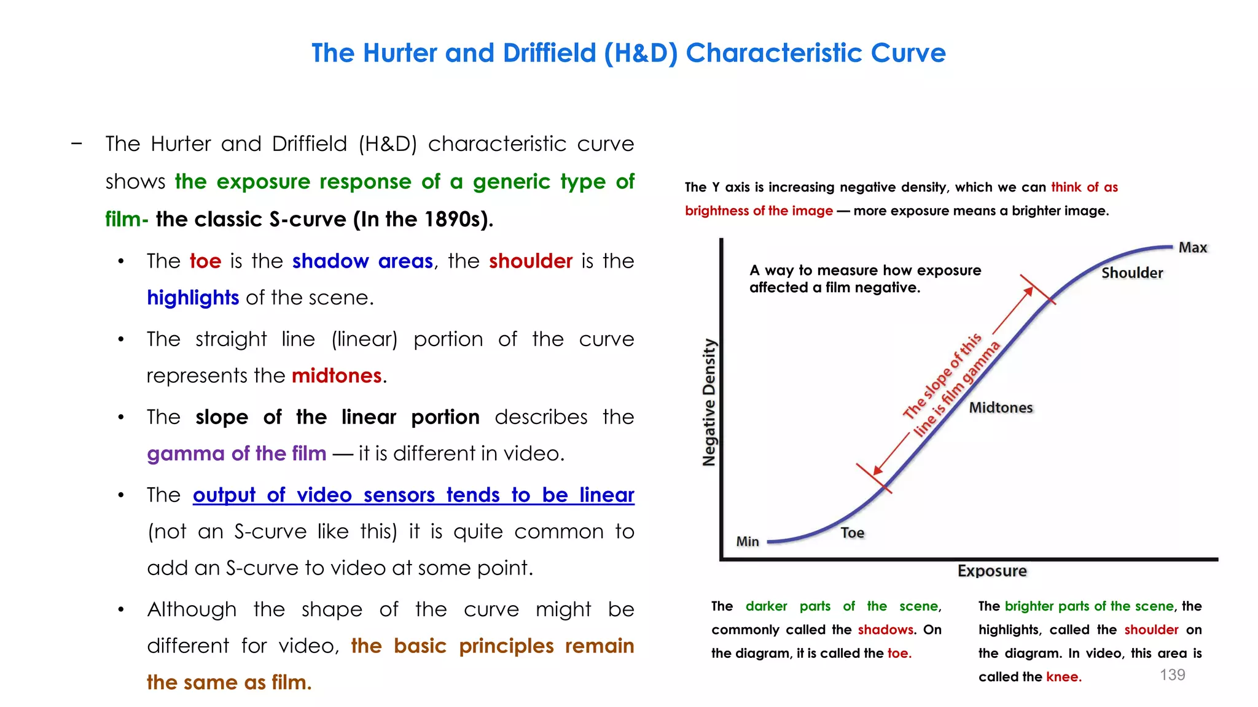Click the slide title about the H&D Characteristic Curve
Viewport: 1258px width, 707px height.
pyautogui.click(x=628, y=53)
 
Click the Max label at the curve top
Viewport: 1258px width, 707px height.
pyautogui.click(x=1192, y=247)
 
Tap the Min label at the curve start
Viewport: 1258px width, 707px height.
pyautogui.click(x=748, y=541)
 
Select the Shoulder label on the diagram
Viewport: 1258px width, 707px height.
pyautogui.click(x=1131, y=273)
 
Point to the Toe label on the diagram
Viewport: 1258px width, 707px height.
pyautogui.click(x=852, y=533)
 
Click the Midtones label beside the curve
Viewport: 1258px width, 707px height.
pyautogui.click(x=1001, y=408)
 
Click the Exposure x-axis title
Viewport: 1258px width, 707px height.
pyautogui.click(x=992, y=571)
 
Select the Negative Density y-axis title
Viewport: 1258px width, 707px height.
pyautogui.click(x=709, y=403)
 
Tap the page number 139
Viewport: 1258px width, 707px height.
pyautogui.click(x=1172, y=674)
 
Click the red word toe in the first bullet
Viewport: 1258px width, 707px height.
pyautogui.click(x=205, y=261)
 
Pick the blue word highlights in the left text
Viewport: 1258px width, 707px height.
pyautogui.click(x=193, y=298)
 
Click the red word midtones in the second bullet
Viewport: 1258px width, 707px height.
pyautogui.click(x=337, y=376)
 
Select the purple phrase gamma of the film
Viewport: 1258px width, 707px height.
pyautogui.click(x=236, y=454)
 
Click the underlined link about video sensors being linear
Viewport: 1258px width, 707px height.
pyautogui.click(x=413, y=495)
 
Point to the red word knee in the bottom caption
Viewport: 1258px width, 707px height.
pyautogui.click(x=1063, y=677)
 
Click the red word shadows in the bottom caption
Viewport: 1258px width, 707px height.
pyautogui.click(x=885, y=630)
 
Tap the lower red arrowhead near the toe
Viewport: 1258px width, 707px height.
pyautogui.click(x=878, y=470)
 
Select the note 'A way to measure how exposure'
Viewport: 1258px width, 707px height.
pyautogui.click(x=865, y=271)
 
